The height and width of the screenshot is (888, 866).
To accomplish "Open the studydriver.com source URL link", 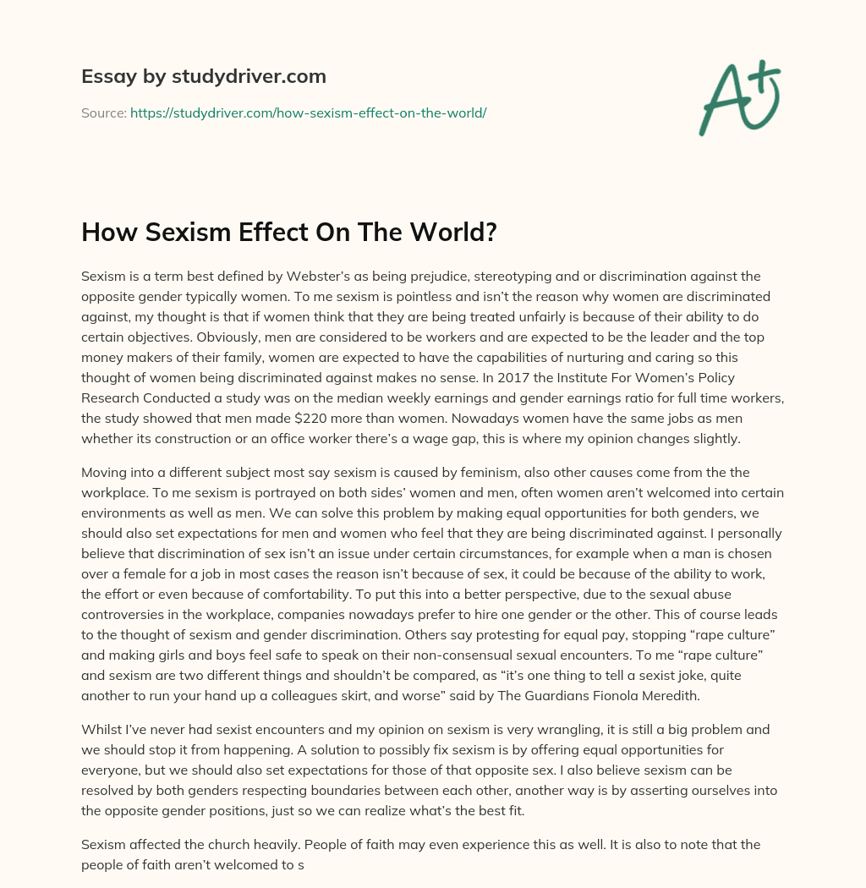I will coord(308,112).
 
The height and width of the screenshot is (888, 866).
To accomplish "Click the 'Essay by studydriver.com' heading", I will coord(204,76).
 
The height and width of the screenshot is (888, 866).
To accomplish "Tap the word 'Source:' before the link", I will coord(103,112).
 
